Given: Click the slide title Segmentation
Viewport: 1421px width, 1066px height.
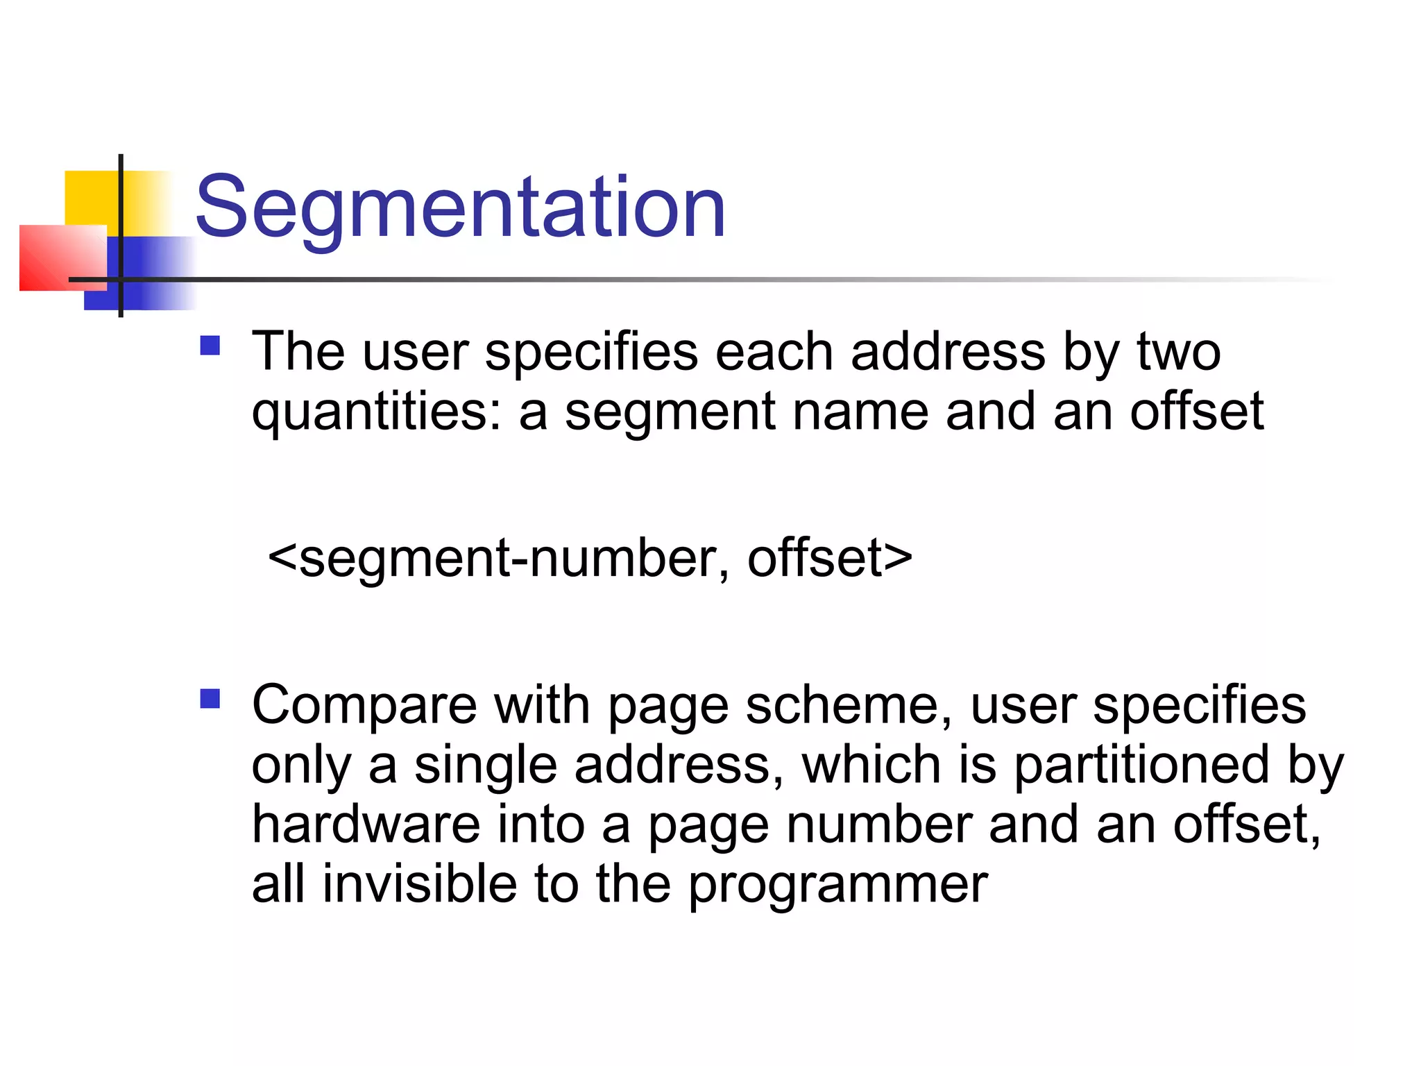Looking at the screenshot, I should [460, 207].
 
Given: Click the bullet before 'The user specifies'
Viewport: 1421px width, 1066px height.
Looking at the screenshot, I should [210, 346].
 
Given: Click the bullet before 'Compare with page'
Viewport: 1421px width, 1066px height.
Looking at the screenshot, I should [210, 698].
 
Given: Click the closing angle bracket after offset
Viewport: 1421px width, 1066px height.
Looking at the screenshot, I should [899, 558].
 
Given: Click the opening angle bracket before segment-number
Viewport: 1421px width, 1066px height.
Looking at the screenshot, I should [282, 558].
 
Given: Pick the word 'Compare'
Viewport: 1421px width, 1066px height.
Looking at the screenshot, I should [364, 706].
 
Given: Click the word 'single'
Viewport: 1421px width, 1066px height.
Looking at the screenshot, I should [486, 765].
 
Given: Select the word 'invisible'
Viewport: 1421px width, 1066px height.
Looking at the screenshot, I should [420, 884].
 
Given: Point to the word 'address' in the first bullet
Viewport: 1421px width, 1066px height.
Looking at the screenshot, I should [948, 352].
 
